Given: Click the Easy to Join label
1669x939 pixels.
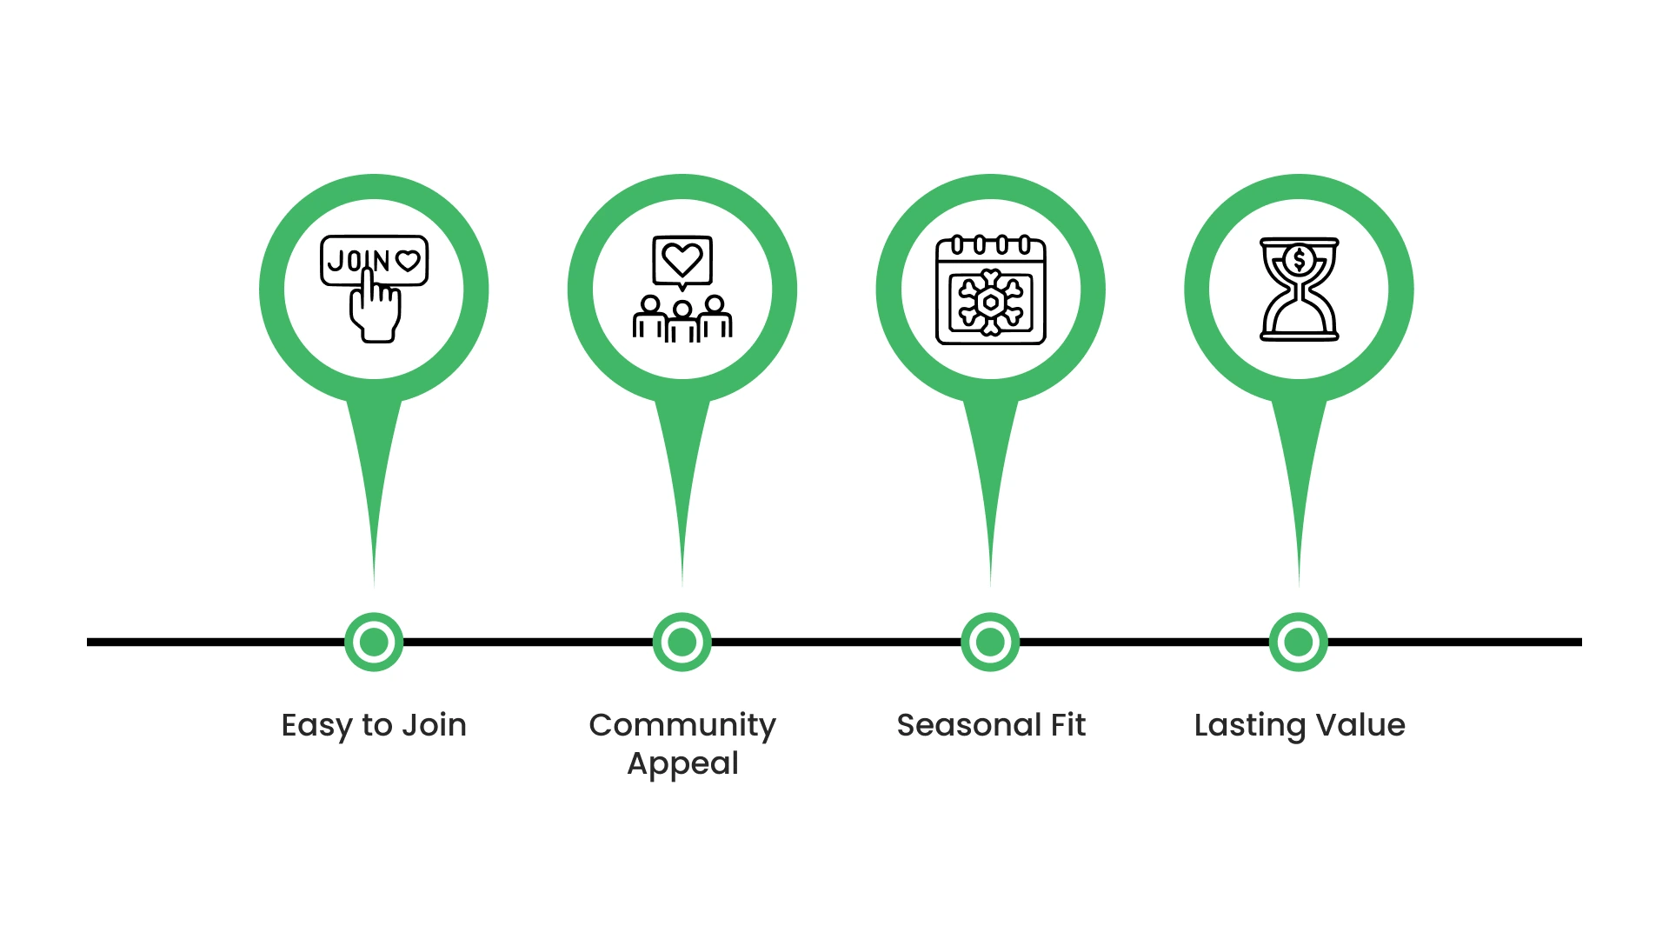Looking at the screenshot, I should coord(374,725).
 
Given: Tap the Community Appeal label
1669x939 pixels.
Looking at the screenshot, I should coord(682,743).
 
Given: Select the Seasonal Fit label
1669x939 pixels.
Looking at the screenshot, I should coord(991,725).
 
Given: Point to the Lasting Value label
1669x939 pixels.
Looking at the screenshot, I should coord(1300,725).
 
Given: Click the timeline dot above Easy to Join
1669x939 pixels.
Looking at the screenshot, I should coord(374,643).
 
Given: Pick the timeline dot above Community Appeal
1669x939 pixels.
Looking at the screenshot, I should coord(682,643).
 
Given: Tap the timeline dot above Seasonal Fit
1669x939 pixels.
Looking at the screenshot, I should coord(990,643).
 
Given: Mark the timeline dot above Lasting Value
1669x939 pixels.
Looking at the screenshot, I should coord(1299,643).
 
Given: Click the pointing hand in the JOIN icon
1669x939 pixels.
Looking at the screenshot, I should coord(376,313).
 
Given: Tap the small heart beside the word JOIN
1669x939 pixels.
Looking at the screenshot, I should coord(408,261).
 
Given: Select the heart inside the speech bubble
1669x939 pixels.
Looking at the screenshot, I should coord(682,259).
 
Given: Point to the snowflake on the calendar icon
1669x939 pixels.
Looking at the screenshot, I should coord(990,303).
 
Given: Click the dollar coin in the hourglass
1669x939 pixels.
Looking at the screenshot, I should coord(1299,259).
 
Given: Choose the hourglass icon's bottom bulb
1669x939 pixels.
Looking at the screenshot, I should coord(1299,318).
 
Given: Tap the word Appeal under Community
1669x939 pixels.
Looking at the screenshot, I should coord(682,763).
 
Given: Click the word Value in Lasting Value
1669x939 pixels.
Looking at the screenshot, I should coord(1360,725).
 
